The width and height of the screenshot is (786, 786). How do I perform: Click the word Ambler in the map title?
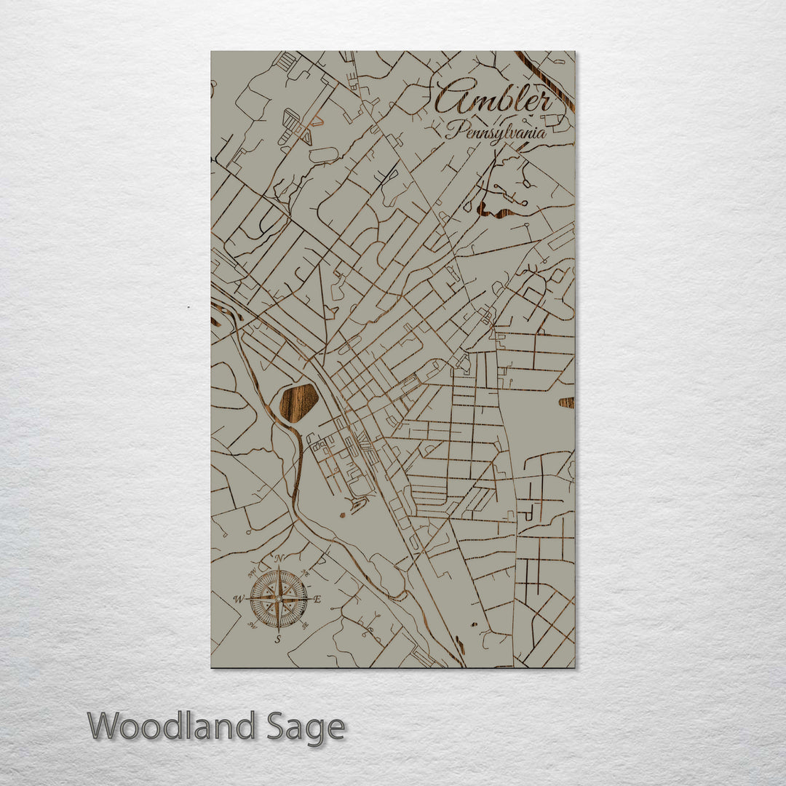pyautogui.click(x=495, y=98)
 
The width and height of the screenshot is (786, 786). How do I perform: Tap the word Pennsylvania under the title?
pyautogui.click(x=496, y=132)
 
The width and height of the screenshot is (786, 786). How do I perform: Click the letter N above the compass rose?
pyautogui.click(x=279, y=559)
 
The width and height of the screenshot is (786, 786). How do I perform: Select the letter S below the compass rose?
pyautogui.click(x=278, y=639)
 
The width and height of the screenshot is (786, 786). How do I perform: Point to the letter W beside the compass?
pyautogui.click(x=238, y=600)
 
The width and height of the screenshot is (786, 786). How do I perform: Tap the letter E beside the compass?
pyautogui.click(x=317, y=600)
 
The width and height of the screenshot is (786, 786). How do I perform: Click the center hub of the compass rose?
pyautogui.click(x=279, y=599)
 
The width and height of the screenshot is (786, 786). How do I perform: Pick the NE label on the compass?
pyautogui.click(x=306, y=572)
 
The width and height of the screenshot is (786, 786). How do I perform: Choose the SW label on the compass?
pyautogui.click(x=252, y=625)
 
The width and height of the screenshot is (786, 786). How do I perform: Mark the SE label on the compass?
pyautogui.click(x=306, y=625)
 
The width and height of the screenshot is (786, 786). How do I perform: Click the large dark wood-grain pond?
pyautogui.click(x=298, y=402)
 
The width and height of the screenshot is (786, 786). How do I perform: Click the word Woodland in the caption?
pyautogui.click(x=172, y=726)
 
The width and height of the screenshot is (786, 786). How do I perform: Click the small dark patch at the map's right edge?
pyautogui.click(x=566, y=402)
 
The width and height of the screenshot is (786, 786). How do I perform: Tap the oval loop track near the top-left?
pyautogui.click(x=324, y=155)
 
